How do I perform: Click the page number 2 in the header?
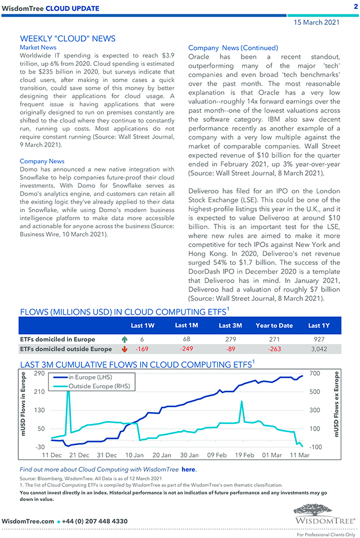(354, 7)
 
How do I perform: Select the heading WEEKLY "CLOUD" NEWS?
(68, 39)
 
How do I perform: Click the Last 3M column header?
(230, 326)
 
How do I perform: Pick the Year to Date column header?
(274, 326)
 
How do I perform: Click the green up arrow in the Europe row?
(124, 339)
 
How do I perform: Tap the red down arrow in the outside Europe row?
(124, 349)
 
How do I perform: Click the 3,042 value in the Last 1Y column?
(319, 349)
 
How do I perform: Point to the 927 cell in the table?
(319, 339)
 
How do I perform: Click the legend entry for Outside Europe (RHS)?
(99, 386)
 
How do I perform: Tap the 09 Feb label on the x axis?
(217, 455)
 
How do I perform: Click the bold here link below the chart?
(188, 469)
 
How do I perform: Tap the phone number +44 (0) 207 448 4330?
(95, 521)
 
